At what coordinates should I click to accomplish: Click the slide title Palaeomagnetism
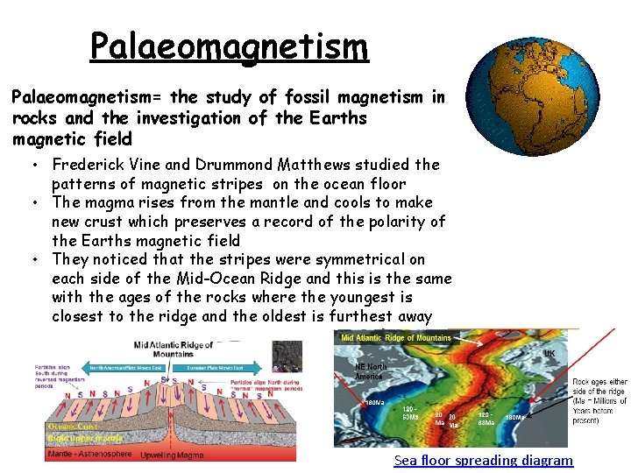229,46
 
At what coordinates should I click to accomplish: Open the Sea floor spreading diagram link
483,461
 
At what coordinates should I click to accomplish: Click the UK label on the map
549,354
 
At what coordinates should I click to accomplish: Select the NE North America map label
371,371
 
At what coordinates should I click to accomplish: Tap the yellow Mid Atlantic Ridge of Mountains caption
395,338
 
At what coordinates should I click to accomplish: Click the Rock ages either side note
599,401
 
